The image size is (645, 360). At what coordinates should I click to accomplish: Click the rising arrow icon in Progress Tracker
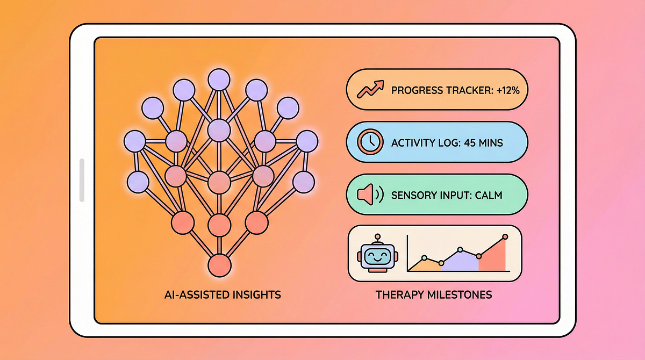click(369, 89)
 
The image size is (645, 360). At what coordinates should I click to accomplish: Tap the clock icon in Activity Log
click(369, 142)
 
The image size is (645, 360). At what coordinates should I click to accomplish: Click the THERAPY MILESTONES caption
click(434, 295)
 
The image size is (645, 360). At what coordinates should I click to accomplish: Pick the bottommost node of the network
click(219, 265)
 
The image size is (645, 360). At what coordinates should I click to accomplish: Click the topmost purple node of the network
click(219, 80)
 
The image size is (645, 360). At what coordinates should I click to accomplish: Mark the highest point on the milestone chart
click(505, 236)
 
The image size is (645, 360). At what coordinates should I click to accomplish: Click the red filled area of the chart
click(492, 259)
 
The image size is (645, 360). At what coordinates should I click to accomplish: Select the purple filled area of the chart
click(460, 262)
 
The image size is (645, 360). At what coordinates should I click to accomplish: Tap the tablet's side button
click(82, 180)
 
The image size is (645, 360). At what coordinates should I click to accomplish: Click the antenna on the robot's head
click(378, 236)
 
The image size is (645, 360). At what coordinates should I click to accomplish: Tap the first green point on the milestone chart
click(424, 258)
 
